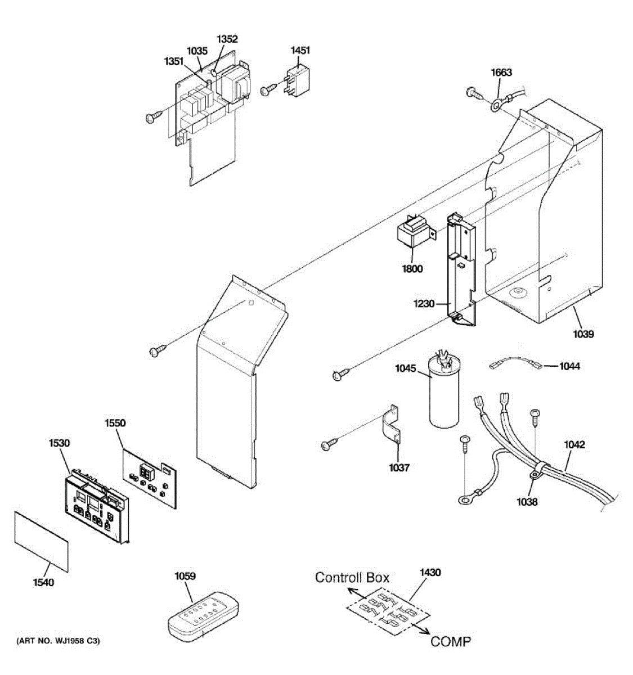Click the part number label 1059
coord(185,576)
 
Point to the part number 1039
coord(583,334)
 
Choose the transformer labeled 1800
coord(415,236)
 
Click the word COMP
coord(451,641)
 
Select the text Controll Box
coord(352,577)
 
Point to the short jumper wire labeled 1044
coord(515,366)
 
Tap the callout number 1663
coord(501,72)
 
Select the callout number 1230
coord(424,304)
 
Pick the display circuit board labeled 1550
coord(150,476)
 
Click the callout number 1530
coord(59,443)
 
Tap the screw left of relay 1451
coord(268,89)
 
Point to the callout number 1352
coord(227,39)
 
